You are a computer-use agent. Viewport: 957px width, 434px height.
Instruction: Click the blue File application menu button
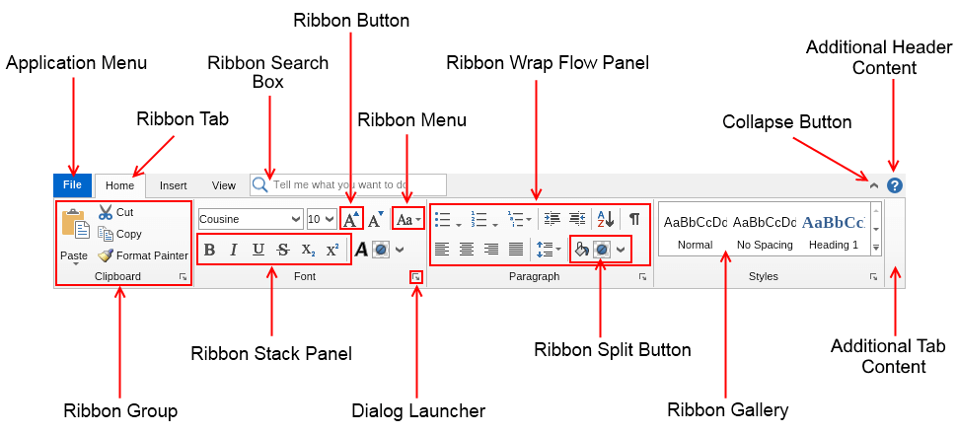[72, 184]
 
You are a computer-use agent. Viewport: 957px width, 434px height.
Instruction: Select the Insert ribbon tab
[174, 184]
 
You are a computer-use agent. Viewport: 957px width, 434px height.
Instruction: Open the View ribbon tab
[224, 184]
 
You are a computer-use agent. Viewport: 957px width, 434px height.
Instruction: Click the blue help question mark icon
[895, 184]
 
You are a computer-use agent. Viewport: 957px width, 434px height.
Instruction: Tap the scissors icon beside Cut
[106, 212]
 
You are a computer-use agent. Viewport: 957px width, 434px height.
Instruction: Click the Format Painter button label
[152, 255]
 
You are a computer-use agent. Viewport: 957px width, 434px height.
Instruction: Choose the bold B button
[209, 250]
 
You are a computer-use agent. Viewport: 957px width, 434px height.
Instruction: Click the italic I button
[234, 250]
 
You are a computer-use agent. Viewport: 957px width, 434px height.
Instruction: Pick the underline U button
[258, 250]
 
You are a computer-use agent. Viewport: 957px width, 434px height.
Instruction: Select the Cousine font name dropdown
[251, 219]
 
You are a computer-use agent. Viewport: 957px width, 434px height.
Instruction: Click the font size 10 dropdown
[321, 219]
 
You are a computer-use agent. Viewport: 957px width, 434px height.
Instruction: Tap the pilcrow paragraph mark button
[634, 219]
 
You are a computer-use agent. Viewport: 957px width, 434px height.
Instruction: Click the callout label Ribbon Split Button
[613, 350]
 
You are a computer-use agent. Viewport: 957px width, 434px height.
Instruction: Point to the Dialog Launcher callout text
[418, 410]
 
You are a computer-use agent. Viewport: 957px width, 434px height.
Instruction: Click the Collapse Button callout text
[786, 122]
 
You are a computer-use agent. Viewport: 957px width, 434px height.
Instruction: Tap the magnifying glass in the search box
[260, 184]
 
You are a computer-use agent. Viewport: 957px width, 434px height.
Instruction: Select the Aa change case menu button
[408, 219]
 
